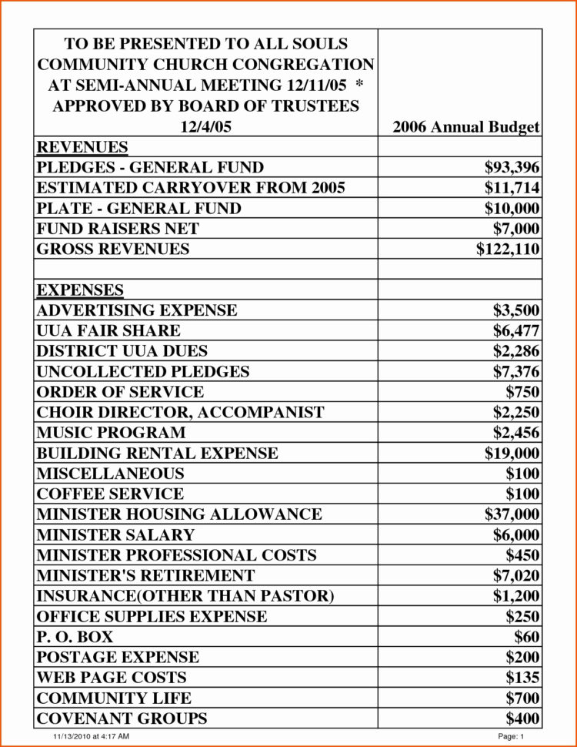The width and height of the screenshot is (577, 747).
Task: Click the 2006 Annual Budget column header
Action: click(465, 127)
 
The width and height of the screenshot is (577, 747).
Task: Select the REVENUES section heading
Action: click(82, 147)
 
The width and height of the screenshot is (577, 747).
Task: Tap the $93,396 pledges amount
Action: click(512, 167)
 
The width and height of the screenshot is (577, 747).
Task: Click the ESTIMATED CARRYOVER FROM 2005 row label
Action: click(191, 188)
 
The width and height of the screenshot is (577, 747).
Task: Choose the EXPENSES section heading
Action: click(80, 290)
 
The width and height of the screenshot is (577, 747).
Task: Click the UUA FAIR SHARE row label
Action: click(108, 330)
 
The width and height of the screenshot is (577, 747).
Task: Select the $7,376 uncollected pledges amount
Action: click(516, 371)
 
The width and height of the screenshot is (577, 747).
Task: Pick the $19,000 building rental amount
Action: click(512, 453)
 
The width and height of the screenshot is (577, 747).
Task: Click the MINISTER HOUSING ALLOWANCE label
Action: click(179, 514)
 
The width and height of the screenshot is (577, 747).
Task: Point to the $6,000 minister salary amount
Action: click(516, 534)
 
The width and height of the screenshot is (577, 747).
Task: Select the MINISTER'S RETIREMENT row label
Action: click(145, 575)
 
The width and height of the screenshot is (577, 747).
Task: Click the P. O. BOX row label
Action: click(75, 637)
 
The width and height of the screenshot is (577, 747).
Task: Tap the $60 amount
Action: click(527, 637)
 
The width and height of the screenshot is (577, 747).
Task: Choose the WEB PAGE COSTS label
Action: click(112, 678)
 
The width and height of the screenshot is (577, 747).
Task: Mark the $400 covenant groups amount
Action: click(522, 719)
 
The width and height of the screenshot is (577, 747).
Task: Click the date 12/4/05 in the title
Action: click(205, 127)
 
